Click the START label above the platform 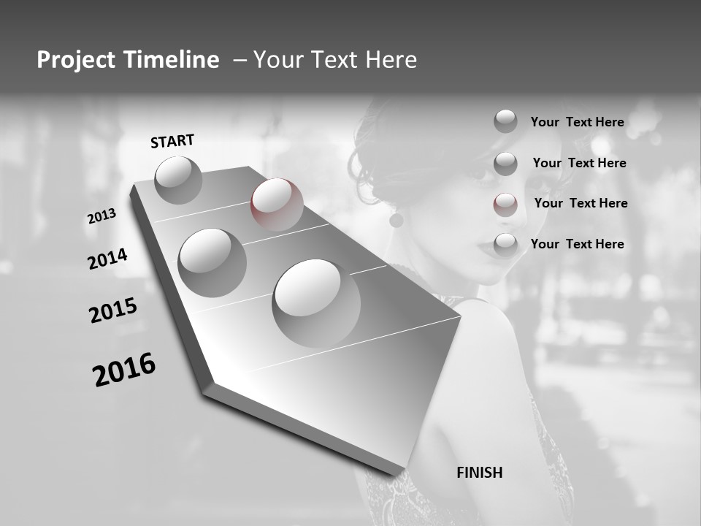click(172, 141)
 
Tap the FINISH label click(479, 473)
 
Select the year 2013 click(101, 216)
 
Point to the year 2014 click(107, 259)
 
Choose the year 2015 click(113, 310)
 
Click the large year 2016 click(124, 370)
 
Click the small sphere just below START click(178, 180)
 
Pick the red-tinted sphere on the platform click(277, 205)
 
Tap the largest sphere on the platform click(315, 302)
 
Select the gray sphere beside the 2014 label click(212, 262)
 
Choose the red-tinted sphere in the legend click(505, 204)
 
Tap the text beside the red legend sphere click(581, 203)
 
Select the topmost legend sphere click(505, 121)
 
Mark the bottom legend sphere click(505, 245)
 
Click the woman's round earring click(397, 219)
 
